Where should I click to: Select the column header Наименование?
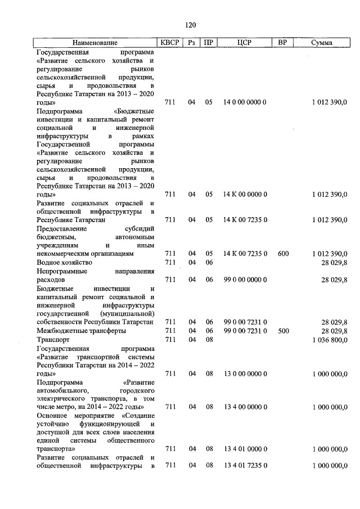coord(94,43)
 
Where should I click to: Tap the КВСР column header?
coord(170,43)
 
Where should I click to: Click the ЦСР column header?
coord(244,43)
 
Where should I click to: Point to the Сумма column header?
coord(321,43)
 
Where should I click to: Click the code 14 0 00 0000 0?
coord(245,103)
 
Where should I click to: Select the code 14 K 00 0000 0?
coord(245,195)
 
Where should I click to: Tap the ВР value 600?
coord(283,254)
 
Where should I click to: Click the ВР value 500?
coord(283,331)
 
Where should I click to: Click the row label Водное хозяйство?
coord(64,262)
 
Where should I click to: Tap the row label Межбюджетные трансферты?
coord(81,331)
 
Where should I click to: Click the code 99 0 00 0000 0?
coord(245,280)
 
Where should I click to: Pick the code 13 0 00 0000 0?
coord(245,373)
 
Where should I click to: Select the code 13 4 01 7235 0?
coord(245,466)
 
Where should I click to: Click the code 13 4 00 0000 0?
coord(245,406)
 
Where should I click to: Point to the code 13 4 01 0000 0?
coord(245,449)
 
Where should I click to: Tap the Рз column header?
coord(192,43)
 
